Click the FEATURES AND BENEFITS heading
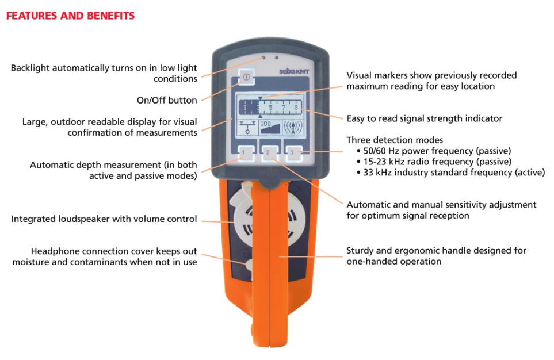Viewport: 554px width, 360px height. [x=70, y=16]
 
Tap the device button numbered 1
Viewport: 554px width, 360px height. [x=246, y=154]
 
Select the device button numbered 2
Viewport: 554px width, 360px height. [x=270, y=154]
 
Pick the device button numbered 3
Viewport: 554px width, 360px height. [x=294, y=154]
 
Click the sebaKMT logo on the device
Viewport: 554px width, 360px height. [x=295, y=71]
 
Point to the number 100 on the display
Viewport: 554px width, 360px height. [x=265, y=124]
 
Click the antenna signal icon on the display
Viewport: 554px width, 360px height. [x=293, y=128]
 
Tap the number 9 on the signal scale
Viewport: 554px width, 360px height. [x=296, y=107]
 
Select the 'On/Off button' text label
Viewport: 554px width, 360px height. [x=167, y=100]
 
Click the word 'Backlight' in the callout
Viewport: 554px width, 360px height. [x=30, y=68]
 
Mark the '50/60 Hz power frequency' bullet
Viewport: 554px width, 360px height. [x=434, y=151]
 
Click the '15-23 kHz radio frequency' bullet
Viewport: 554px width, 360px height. [x=434, y=162]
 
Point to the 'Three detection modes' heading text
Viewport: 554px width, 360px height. [x=395, y=140]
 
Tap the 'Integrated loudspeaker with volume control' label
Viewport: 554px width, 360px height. [x=104, y=219]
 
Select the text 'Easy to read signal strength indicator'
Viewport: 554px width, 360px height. [x=425, y=118]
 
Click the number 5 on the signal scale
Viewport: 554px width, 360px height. [x=270, y=107]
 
